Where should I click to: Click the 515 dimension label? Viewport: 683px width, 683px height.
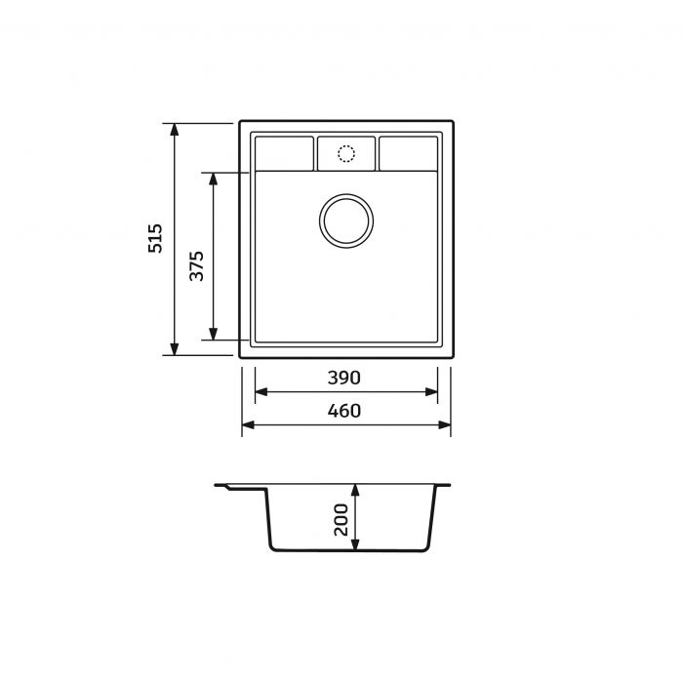(x=155, y=238)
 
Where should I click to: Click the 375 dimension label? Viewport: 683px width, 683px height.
(x=196, y=265)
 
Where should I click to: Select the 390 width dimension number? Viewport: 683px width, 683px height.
(x=344, y=378)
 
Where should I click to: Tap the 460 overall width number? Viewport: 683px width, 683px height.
(x=344, y=411)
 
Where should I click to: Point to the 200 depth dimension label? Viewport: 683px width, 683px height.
(x=341, y=520)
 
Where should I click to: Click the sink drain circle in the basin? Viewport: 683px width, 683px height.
(x=346, y=195)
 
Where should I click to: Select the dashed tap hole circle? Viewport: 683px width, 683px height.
(x=346, y=145)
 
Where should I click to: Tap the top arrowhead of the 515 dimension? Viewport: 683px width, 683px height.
(x=175, y=130)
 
